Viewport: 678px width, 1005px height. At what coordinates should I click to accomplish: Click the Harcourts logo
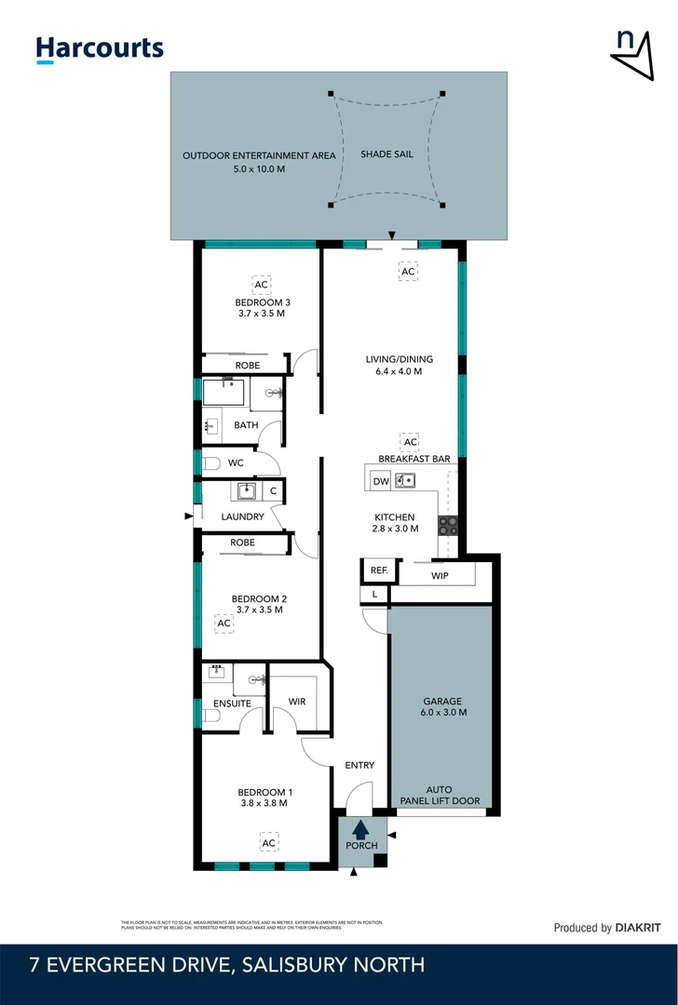pos(100,49)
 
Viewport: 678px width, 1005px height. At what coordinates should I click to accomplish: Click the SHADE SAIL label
pos(386,154)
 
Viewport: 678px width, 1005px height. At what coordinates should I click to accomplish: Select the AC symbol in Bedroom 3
pos(262,284)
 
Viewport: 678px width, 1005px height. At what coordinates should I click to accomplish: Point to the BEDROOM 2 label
pos(259,597)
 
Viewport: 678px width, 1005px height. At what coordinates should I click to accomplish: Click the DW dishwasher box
pos(380,481)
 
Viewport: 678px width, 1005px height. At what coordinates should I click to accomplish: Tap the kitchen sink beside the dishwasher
pos(405,481)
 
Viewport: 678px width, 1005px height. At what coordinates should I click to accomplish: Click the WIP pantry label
pos(440,577)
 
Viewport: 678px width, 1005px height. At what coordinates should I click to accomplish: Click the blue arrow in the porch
pos(361,827)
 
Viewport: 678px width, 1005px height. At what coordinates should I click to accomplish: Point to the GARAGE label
pos(442,702)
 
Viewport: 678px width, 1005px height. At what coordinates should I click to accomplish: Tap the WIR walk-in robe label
pos(297,701)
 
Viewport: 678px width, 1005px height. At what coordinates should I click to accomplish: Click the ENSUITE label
pos(232,703)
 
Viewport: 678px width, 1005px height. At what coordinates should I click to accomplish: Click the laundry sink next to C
pos(247,490)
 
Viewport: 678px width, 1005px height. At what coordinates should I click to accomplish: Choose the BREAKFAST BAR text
pos(414,459)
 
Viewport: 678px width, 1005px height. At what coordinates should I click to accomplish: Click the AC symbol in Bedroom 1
pos(268,843)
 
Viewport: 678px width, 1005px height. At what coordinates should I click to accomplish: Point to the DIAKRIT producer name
pos(638,928)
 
